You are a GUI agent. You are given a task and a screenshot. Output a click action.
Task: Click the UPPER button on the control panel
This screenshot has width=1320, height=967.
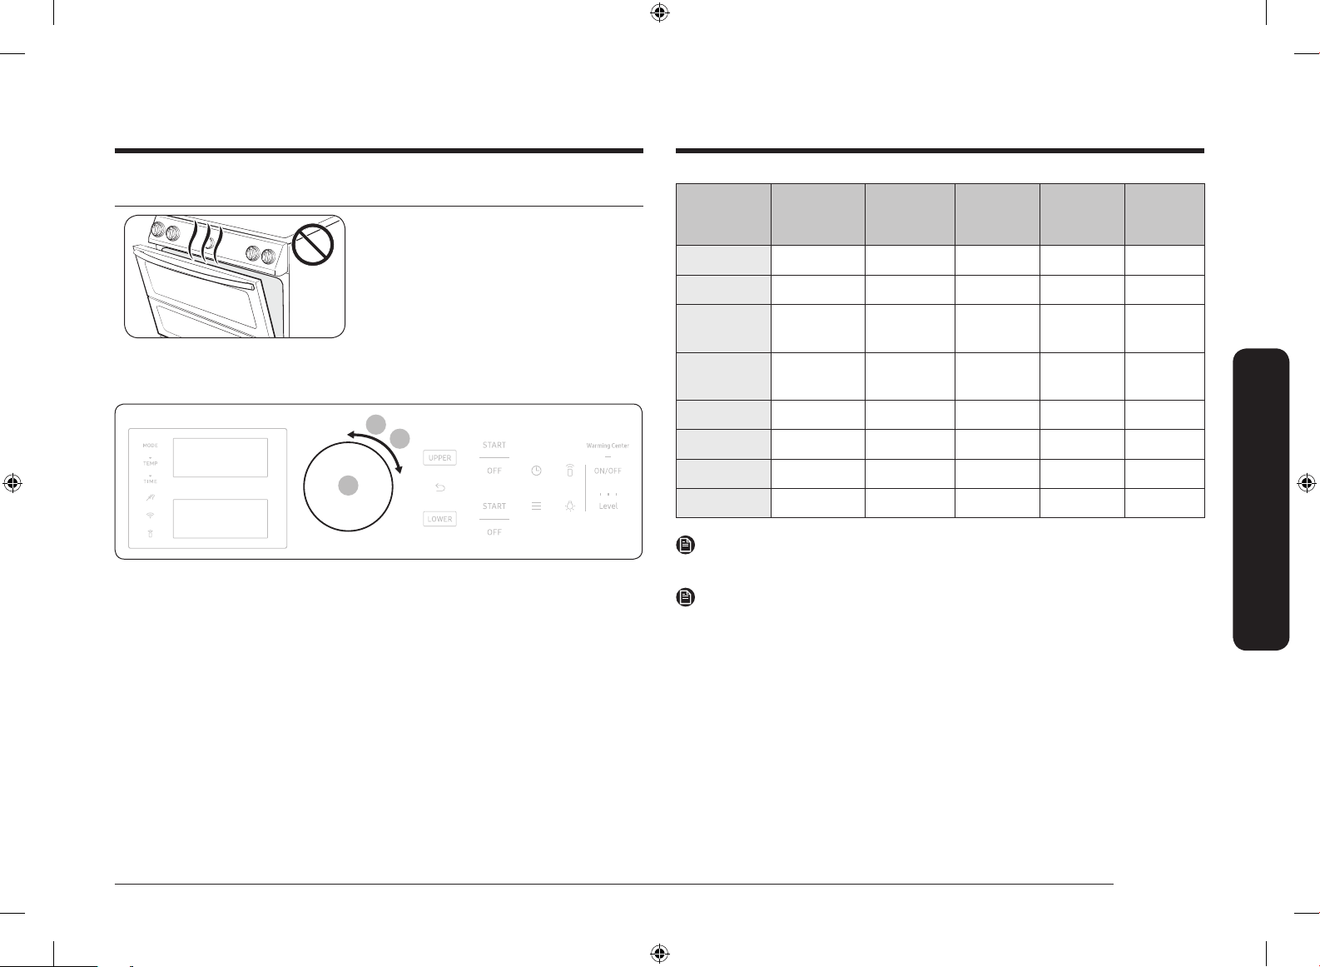[x=439, y=457]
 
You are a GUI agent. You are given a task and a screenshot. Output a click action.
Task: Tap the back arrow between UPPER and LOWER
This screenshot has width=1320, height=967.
[x=439, y=487]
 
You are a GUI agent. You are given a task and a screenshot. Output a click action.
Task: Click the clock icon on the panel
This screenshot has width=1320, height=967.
[x=536, y=471]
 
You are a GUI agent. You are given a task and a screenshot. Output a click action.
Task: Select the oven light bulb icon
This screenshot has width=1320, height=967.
[x=570, y=506]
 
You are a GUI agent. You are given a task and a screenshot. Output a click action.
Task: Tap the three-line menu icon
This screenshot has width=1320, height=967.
[x=536, y=506]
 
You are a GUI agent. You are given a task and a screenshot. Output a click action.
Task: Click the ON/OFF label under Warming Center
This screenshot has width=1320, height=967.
[x=608, y=471]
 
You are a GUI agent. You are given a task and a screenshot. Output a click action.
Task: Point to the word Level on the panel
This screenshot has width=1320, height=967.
[x=608, y=506]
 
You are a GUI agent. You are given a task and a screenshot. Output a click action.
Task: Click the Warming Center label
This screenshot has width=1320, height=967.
[x=608, y=445]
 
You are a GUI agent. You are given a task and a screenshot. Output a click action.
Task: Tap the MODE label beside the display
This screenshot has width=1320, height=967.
[x=151, y=445]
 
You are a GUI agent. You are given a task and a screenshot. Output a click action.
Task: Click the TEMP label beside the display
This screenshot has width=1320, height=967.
[x=151, y=463]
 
